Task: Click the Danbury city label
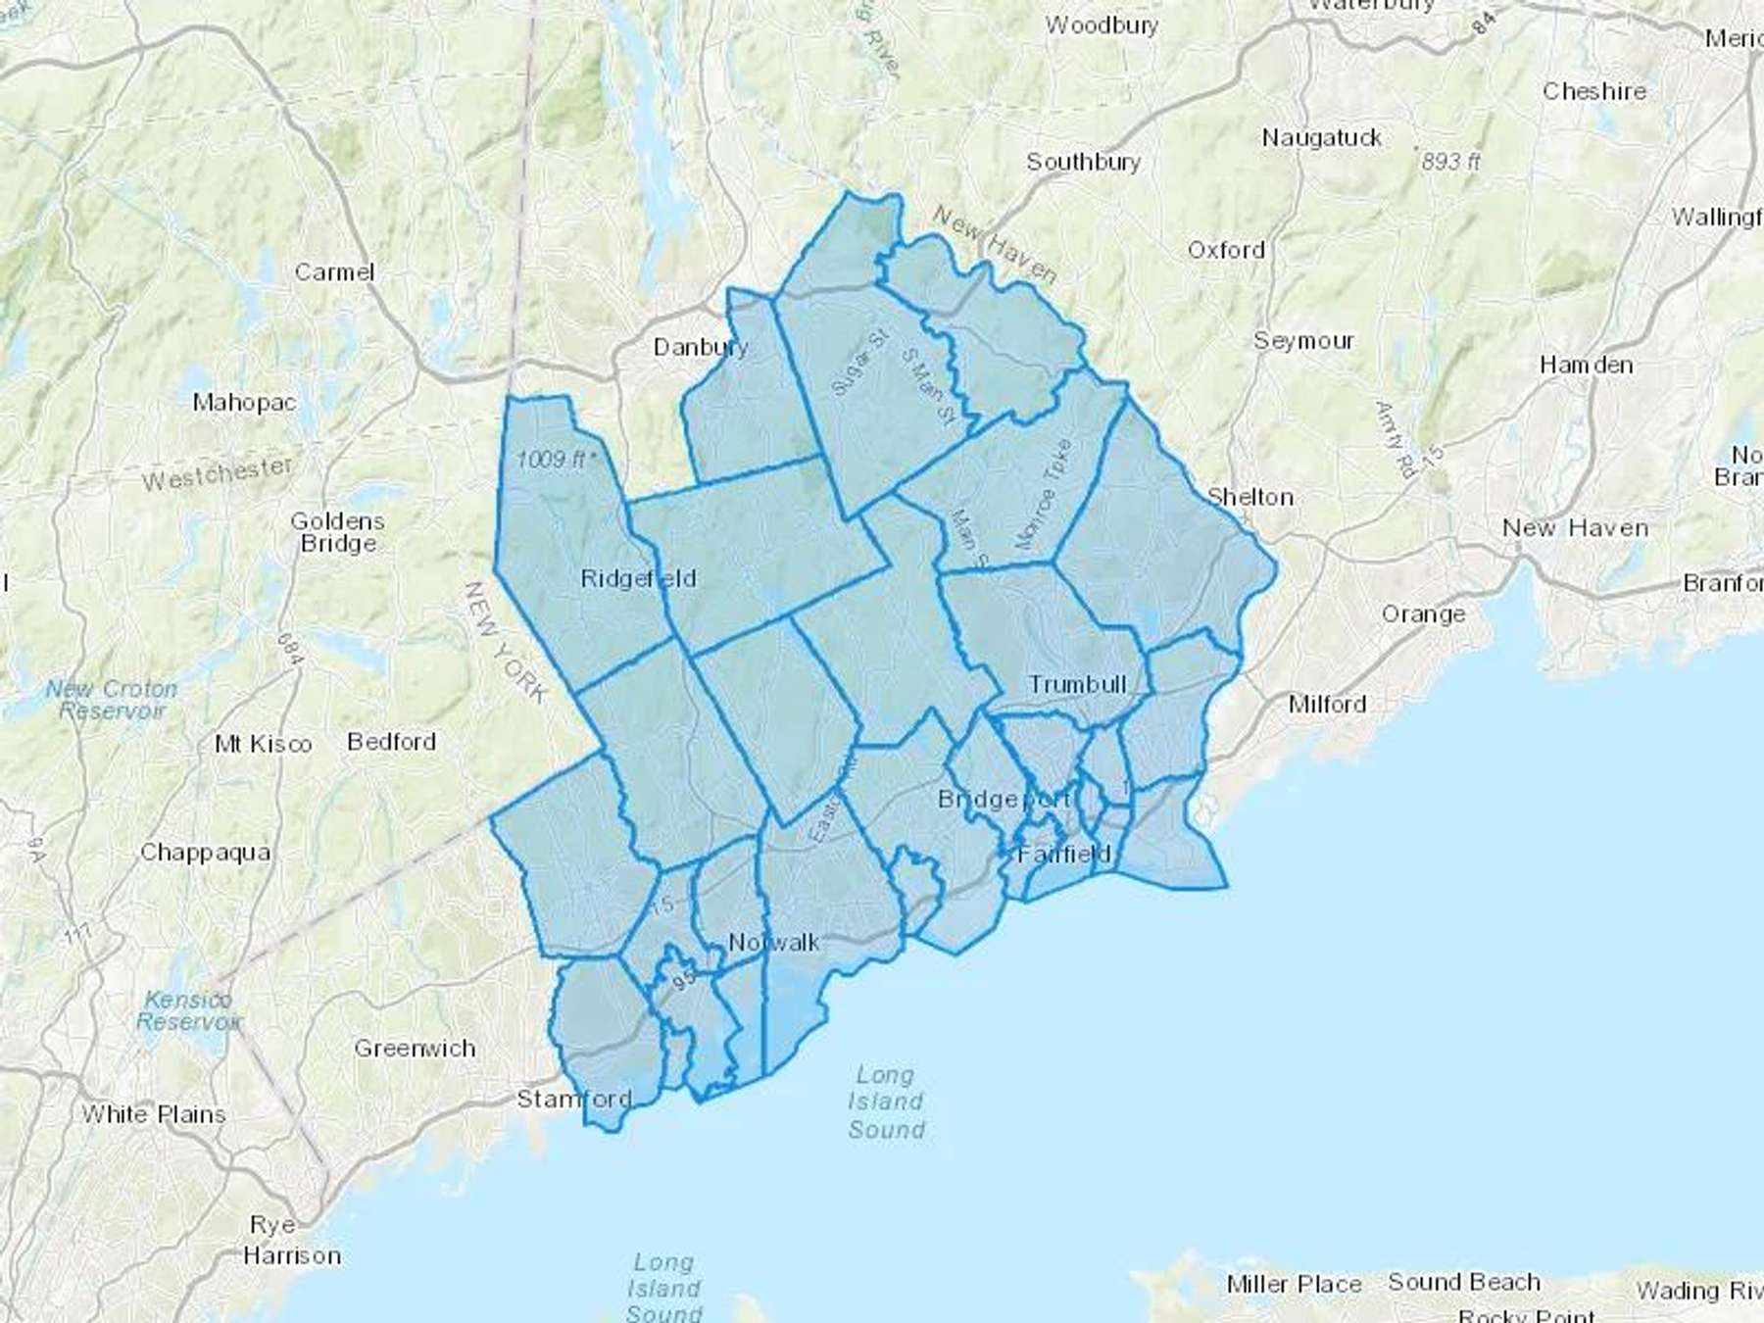pyautogui.click(x=700, y=347)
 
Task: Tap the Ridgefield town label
pyautogui.click(x=638, y=578)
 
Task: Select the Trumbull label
pyautogui.click(x=1077, y=684)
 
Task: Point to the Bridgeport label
pyautogui.click(x=1004, y=799)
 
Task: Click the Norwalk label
pyautogui.click(x=774, y=943)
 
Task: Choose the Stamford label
pyautogui.click(x=574, y=1099)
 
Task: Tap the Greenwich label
pyautogui.click(x=415, y=1049)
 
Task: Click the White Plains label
pyautogui.click(x=154, y=1114)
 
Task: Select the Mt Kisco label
pyautogui.click(x=263, y=744)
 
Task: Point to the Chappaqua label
pyautogui.click(x=205, y=852)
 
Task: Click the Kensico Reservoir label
pyautogui.click(x=188, y=1010)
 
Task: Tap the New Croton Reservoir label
pyautogui.click(x=112, y=700)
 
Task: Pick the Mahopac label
pyautogui.click(x=244, y=402)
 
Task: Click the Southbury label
pyautogui.click(x=1083, y=162)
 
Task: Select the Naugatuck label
pyautogui.click(x=1321, y=138)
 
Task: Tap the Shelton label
pyautogui.click(x=1249, y=497)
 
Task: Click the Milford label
pyautogui.click(x=1327, y=704)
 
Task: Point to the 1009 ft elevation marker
pyautogui.click(x=555, y=459)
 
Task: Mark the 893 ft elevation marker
pyautogui.click(x=1449, y=160)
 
